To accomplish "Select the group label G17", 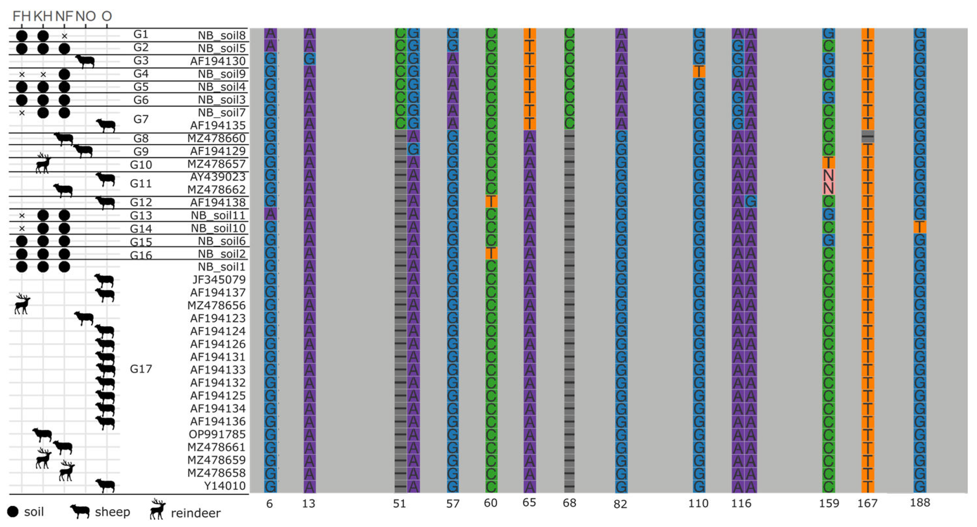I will point(141,369).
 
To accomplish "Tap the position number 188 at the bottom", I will point(920,503).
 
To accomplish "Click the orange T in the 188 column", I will point(920,228).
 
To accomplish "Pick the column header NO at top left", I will point(85,16).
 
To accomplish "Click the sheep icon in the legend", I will point(80,511).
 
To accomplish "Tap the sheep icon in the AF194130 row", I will point(85,61).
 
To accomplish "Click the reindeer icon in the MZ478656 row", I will point(22,304).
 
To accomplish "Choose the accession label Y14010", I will point(225,486).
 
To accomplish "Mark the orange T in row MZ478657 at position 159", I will point(828,163).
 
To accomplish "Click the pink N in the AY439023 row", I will point(828,176).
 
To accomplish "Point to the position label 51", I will point(399,503).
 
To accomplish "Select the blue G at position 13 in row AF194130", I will point(309,59).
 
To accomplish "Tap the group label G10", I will point(141,165).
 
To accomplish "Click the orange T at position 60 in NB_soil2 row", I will point(491,253).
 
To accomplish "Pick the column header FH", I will point(21,16).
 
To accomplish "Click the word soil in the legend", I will point(34,512).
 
